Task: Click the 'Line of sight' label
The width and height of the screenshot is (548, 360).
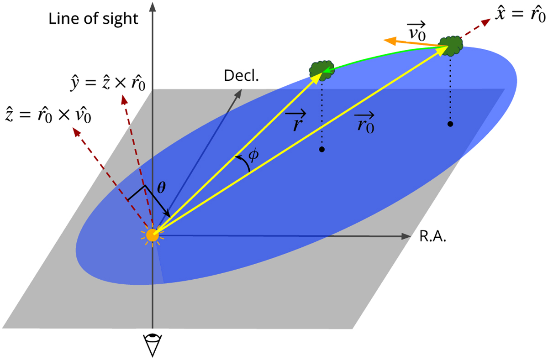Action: [93, 19]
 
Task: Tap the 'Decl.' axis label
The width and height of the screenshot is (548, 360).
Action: [241, 76]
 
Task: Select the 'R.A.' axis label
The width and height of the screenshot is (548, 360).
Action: [433, 236]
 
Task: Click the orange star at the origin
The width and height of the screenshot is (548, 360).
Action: [153, 235]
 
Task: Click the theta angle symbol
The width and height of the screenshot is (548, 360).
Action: [161, 188]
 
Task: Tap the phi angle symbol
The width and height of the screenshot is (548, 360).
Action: [253, 155]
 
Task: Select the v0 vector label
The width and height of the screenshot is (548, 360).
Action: [416, 31]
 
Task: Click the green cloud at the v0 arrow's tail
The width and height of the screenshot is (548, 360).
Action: [450, 46]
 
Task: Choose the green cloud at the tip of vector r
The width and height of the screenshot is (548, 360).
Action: [321, 71]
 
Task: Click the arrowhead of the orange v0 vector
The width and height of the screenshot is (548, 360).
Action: [390, 41]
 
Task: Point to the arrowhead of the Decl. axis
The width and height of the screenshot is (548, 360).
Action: [238, 94]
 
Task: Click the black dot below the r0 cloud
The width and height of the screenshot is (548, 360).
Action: [450, 124]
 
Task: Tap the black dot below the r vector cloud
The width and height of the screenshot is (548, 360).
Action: [322, 149]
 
